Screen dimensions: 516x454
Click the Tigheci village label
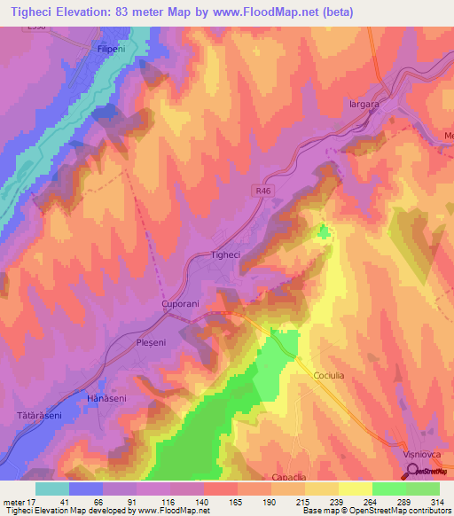point(225,254)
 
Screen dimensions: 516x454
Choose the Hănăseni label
point(106,399)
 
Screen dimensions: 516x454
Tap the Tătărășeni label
point(37,415)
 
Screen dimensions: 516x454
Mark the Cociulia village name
point(330,375)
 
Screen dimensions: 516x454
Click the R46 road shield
point(258,189)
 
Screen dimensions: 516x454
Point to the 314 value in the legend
point(439,501)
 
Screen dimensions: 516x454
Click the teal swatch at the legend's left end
point(51,489)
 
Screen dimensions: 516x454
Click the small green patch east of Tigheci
point(324,232)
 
